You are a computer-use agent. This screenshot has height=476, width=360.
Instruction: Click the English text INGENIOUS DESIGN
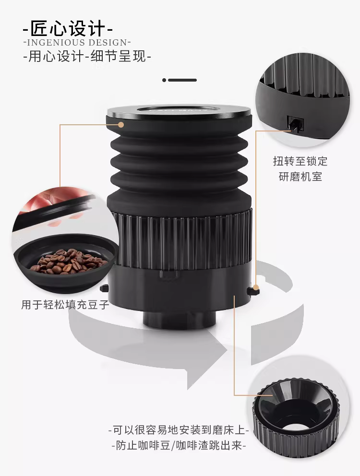[77, 43]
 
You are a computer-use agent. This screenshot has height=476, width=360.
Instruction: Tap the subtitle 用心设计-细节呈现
[87, 57]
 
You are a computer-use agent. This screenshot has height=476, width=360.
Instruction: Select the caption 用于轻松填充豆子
[65, 305]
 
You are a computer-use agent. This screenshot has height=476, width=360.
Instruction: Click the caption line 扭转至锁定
[300, 161]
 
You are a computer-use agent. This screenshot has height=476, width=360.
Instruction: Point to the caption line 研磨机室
[300, 177]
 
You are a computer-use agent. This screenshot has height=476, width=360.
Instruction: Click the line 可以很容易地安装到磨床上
[179, 430]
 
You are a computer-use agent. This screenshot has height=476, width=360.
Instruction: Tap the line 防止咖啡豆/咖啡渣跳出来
[179, 446]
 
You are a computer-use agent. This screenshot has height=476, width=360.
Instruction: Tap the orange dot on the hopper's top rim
[121, 124]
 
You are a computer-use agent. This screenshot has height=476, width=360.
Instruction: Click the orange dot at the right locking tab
[256, 287]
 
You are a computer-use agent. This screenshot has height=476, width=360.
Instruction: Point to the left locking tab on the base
[104, 288]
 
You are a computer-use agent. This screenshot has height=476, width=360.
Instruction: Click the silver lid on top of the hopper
[179, 111]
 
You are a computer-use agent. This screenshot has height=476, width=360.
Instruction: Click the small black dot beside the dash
[164, 80]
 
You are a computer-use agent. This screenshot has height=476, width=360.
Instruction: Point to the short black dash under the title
[182, 80]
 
